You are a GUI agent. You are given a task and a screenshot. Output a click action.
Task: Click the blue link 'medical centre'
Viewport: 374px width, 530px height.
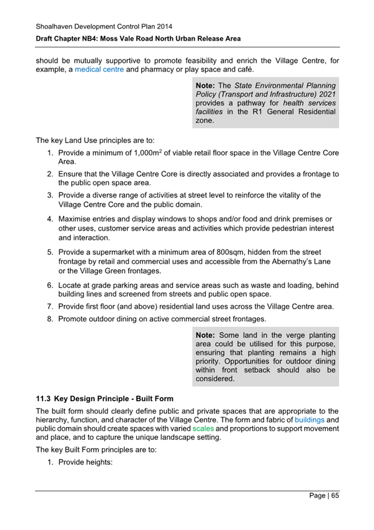(x=99, y=69)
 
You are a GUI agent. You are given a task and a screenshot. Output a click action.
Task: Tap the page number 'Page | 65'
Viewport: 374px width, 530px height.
(x=324, y=496)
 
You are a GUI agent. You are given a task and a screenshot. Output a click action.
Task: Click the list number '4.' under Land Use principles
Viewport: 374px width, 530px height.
(x=51, y=219)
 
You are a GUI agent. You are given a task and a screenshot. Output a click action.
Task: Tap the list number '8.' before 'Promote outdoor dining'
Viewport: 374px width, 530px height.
(x=51, y=319)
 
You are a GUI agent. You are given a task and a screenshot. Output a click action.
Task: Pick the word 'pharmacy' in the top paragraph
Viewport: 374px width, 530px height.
(x=160, y=69)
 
